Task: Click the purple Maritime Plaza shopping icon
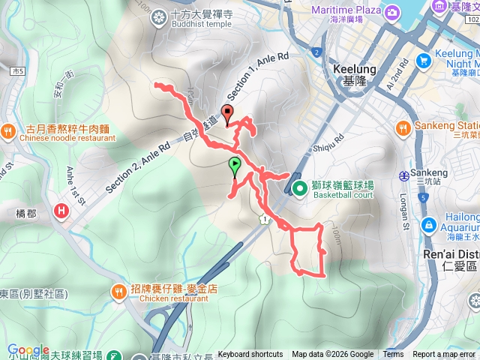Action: pos(391,12)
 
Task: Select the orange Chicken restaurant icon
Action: pos(119,291)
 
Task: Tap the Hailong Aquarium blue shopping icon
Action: pos(429,223)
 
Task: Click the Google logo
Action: pos(28,350)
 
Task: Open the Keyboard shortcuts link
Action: pos(250,355)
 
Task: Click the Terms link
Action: pos(393,355)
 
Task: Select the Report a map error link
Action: pos(445,355)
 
